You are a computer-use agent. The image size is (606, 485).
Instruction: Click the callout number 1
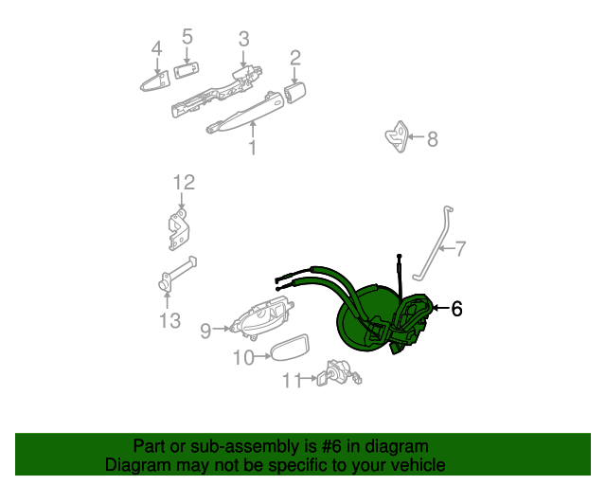[x=253, y=149]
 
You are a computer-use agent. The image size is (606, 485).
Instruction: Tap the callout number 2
[x=295, y=59]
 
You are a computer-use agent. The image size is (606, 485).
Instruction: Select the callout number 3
[x=243, y=39]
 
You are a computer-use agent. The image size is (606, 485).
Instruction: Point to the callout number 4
[x=156, y=48]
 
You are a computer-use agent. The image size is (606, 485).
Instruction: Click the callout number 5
[x=187, y=37]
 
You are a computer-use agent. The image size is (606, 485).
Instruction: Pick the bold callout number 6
[x=456, y=309]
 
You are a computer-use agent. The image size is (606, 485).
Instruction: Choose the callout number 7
[x=460, y=249]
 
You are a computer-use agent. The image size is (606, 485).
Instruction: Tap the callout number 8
[x=433, y=139]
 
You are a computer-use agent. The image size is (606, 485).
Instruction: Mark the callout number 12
[x=183, y=181]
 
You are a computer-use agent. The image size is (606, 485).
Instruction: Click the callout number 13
[x=169, y=321]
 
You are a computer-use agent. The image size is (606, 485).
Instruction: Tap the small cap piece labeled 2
[x=295, y=91]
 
